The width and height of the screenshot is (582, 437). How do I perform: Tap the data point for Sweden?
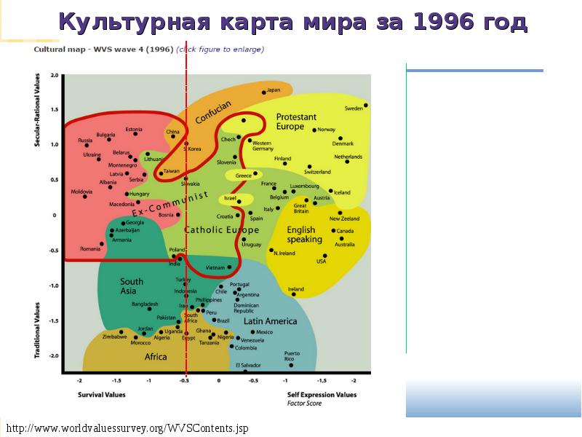click(x=366, y=105)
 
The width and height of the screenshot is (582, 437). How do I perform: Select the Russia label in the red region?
click(x=85, y=140)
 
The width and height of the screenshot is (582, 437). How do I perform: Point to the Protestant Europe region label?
click(x=296, y=122)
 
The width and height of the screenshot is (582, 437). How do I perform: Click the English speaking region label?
click(x=304, y=235)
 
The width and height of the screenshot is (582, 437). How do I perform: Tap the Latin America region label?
click(x=270, y=321)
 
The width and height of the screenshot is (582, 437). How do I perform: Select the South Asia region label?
click(x=132, y=286)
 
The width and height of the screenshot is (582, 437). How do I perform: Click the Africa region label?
click(x=156, y=357)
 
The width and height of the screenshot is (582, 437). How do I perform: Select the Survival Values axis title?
click(x=102, y=395)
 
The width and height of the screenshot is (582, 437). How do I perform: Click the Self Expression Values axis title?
click(x=322, y=395)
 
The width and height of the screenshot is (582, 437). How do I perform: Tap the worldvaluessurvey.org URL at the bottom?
click(x=127, y=428)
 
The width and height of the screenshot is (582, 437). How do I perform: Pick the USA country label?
click(x=321, y=261)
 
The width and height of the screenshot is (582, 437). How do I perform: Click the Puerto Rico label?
click(x=291, y=356)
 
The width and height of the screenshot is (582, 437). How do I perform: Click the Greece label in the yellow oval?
click(x=243, y=176)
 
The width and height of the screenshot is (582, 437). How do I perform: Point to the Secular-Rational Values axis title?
click(x=36, y=110)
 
